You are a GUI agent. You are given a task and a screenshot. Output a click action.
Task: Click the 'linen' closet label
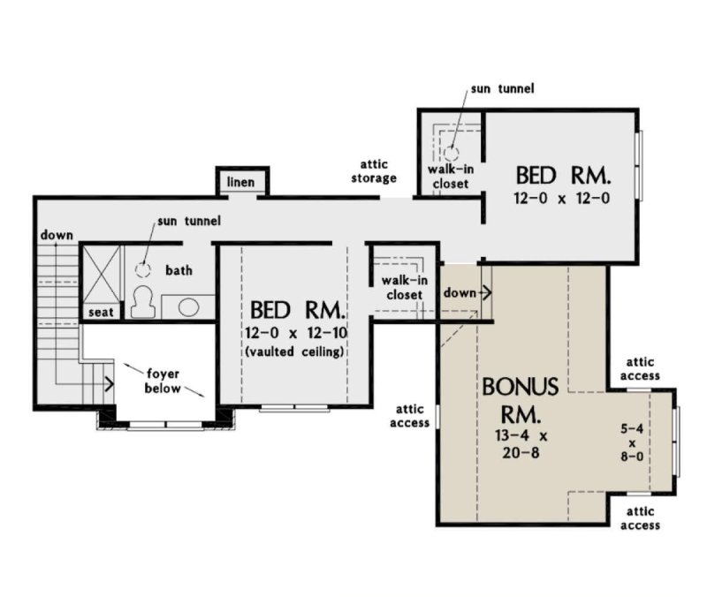[x=241, y=182]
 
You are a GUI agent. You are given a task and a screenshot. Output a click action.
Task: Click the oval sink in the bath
[x=187, y=306]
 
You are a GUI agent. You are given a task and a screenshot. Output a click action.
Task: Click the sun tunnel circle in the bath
[x=144, y=269]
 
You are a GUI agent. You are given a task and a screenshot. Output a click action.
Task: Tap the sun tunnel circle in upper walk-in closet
[x=452, y=152]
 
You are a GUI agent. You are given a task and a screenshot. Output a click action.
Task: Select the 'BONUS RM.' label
[x=521, y=399]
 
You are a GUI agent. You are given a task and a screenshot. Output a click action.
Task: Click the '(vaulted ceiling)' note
[x=296, y=351]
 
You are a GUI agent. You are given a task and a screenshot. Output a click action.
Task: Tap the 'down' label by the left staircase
[x=56, y=235]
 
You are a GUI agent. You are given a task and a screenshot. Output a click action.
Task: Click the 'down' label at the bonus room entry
[x=460, y=291]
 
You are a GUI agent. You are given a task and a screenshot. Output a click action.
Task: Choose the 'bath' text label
[x=179, y=270]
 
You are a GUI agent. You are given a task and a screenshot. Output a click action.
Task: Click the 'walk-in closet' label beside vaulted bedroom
[x=399, y=287]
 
